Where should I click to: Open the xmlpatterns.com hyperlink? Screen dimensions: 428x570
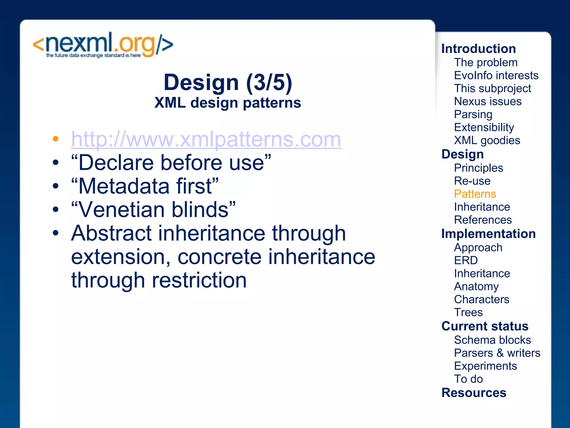point(206,139)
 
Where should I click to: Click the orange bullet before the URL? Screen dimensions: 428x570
point(56,139)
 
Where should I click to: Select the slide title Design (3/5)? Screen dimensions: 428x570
point(228,82)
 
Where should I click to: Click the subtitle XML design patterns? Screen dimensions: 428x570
point(228,103)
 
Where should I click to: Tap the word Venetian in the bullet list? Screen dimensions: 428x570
point(125,210)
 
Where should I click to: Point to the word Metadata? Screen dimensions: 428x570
point(124,186)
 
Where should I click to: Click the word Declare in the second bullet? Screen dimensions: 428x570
point(116,163)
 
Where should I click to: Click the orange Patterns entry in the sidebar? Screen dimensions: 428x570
point(475,194)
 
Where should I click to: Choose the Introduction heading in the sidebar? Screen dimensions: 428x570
point(478,49)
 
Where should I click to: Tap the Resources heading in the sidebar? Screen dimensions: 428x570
point(474,393)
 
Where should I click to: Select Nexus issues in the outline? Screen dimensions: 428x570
point(488,101)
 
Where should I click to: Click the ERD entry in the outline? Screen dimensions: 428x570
point(466,261)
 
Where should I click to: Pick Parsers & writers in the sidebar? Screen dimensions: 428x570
point(497,353)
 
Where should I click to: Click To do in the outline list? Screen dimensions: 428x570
point(468,379)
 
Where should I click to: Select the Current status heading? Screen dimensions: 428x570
point(485,326)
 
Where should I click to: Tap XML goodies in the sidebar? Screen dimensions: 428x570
point(487,140)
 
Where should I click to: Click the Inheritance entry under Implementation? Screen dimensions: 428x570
point(482,274)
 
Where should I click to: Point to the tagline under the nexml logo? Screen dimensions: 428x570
point(93,55)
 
